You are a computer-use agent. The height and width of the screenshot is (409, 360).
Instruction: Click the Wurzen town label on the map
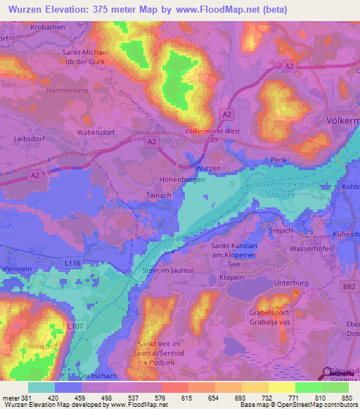208,169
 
